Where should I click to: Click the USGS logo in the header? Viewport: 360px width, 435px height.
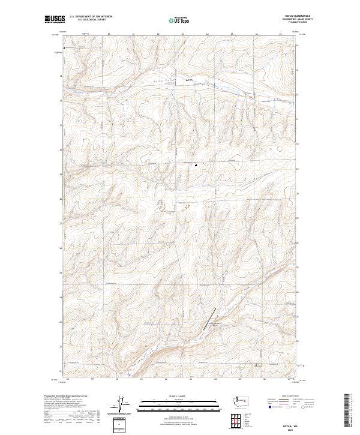[55, 20]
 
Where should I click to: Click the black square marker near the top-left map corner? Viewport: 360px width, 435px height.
[65, 46]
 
